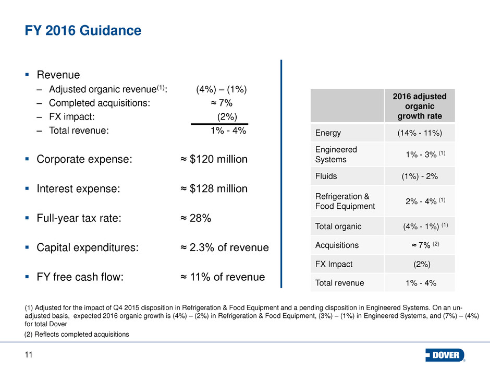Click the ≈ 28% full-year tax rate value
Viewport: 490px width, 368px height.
pyautogui.click(x=192, y=219)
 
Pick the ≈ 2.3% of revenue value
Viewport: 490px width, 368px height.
pyautogui.click(x=221, y=248)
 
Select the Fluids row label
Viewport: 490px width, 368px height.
pyautogui.click(x=326, y=176)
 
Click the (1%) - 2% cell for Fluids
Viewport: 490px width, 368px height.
pyautogui.click(x=420, y=176)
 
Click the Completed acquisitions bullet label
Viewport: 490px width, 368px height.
pyautogui.click(x=99, y=103)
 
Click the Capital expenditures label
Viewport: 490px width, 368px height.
pyautogui.click(x=88, y=248)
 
